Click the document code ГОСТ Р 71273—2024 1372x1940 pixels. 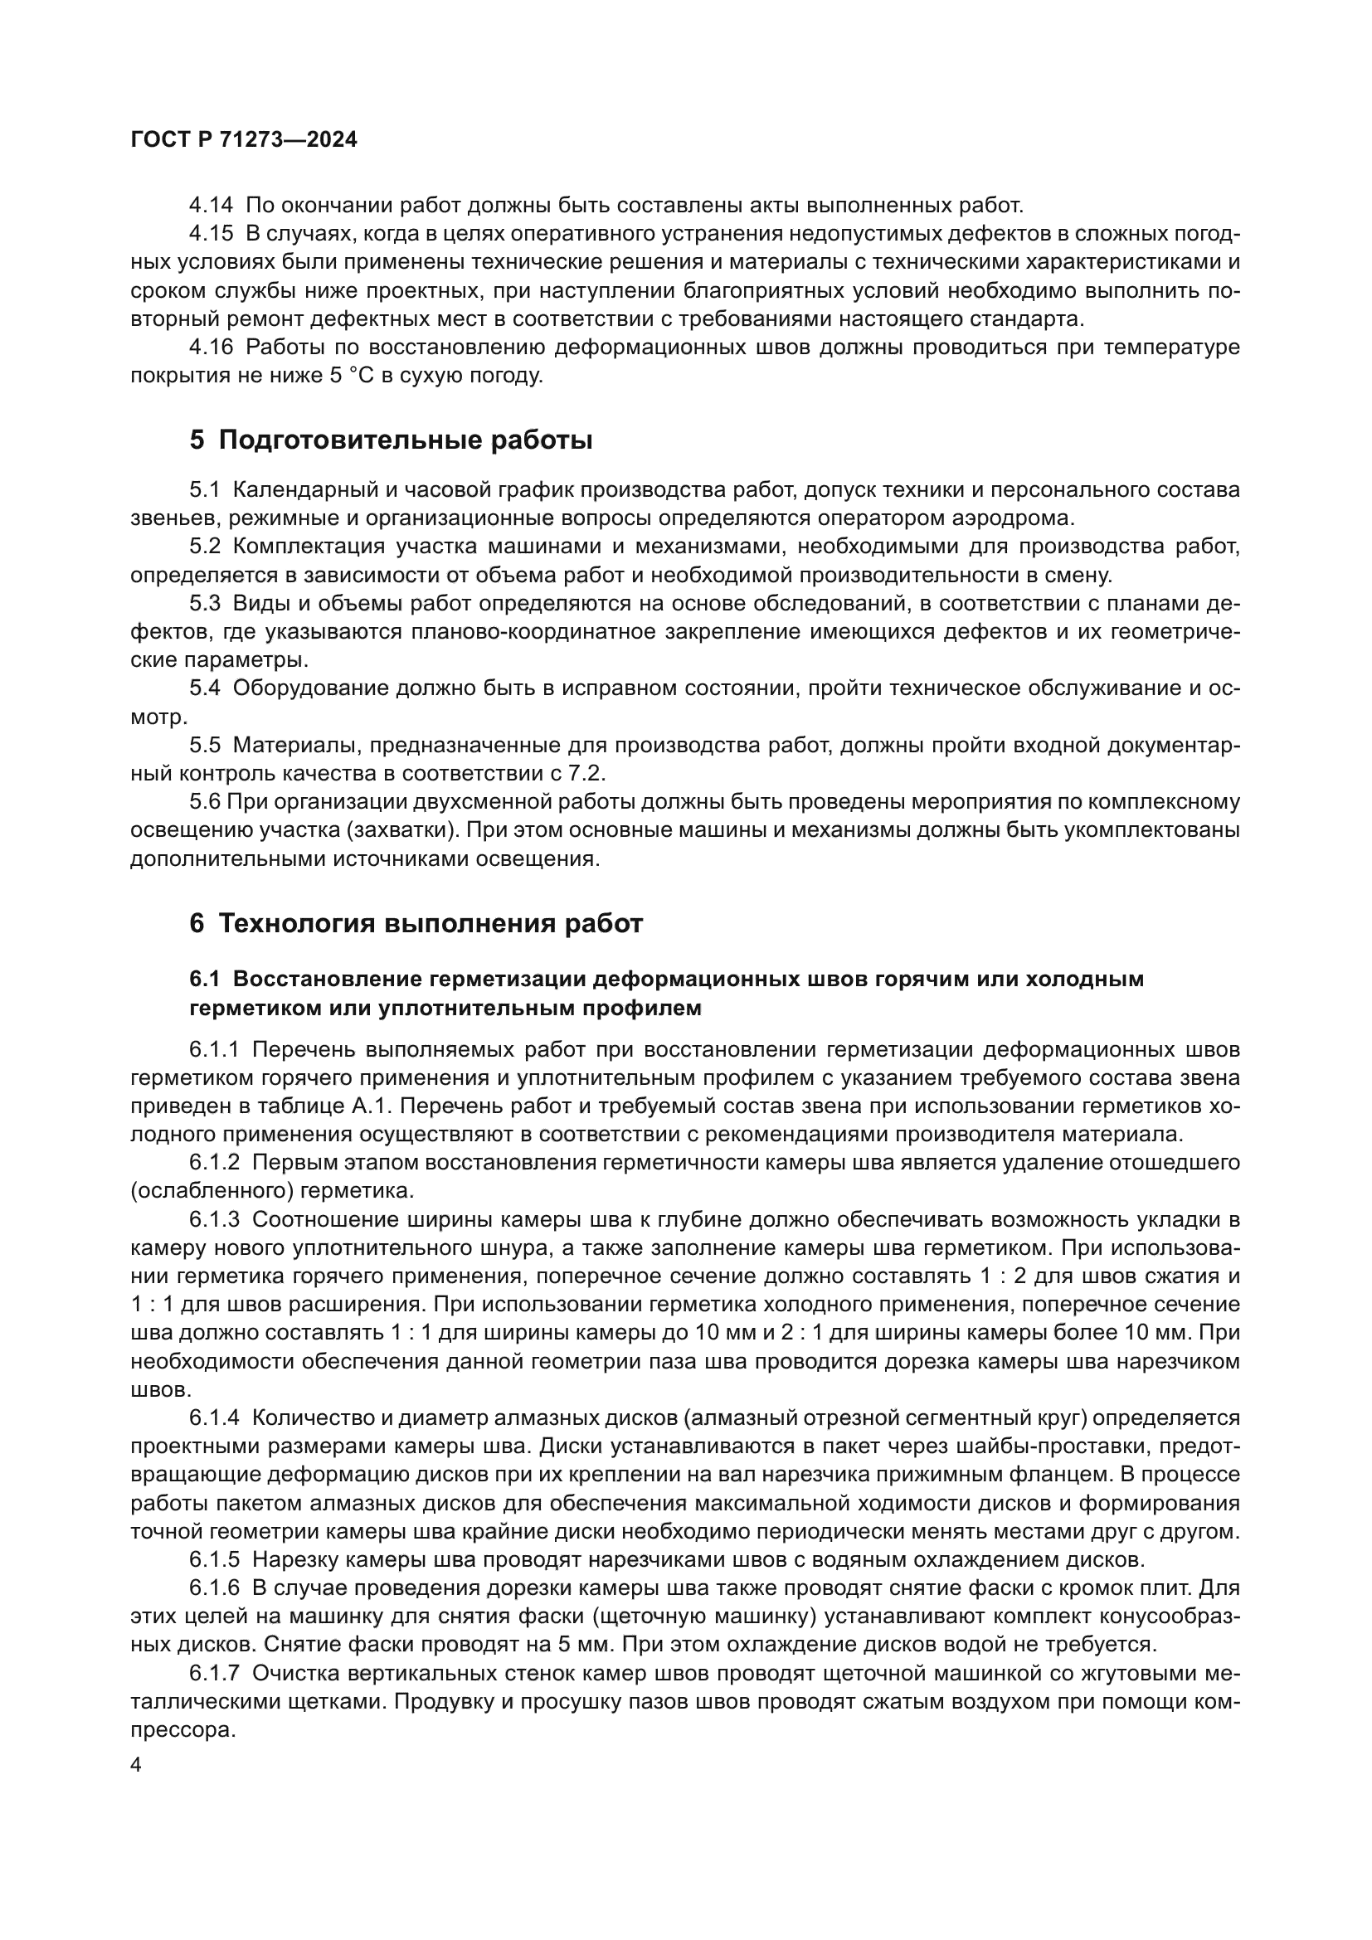point(244,140)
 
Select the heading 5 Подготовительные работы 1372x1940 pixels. point(391,440)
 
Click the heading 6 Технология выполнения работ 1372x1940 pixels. point(416,923)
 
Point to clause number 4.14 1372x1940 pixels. point(212,206)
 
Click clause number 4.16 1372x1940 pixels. point(212,348)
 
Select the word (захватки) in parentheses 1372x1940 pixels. point(401,830)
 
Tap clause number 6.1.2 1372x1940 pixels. point(215,1163)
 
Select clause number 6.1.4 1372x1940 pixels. point(215,1417)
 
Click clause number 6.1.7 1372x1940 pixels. point(215,1673)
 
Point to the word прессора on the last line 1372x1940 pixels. point(182,1730)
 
